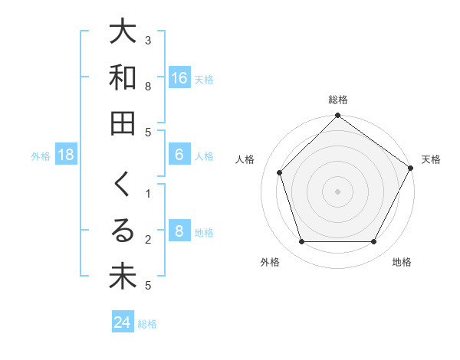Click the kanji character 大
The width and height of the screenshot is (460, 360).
click(123, 32)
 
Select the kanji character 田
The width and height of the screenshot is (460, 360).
click(123, 123)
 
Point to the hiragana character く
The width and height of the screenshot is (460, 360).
click(123, 185)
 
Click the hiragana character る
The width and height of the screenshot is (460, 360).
click(123, 231)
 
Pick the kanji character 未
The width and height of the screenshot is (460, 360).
click(123, 277)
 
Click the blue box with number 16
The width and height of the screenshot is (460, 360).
click(179, 78)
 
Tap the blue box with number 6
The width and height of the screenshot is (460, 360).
click(179, 155)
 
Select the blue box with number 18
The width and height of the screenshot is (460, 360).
click(66, 155)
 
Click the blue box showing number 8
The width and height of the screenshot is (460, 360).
click(179, 231)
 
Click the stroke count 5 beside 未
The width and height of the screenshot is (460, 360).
click(148, 286)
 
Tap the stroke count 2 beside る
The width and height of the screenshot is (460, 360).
click(148, 240)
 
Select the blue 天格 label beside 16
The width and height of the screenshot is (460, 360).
click(204, 79)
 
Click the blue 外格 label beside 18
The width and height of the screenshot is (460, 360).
click(41, 155)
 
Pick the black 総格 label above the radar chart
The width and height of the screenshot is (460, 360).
click(338, 100)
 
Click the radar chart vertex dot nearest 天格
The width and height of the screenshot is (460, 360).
click(410, 168)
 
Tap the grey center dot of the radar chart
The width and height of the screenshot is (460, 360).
click(338, 191)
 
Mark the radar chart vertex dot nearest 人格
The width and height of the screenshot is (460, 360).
click(280, 172)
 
